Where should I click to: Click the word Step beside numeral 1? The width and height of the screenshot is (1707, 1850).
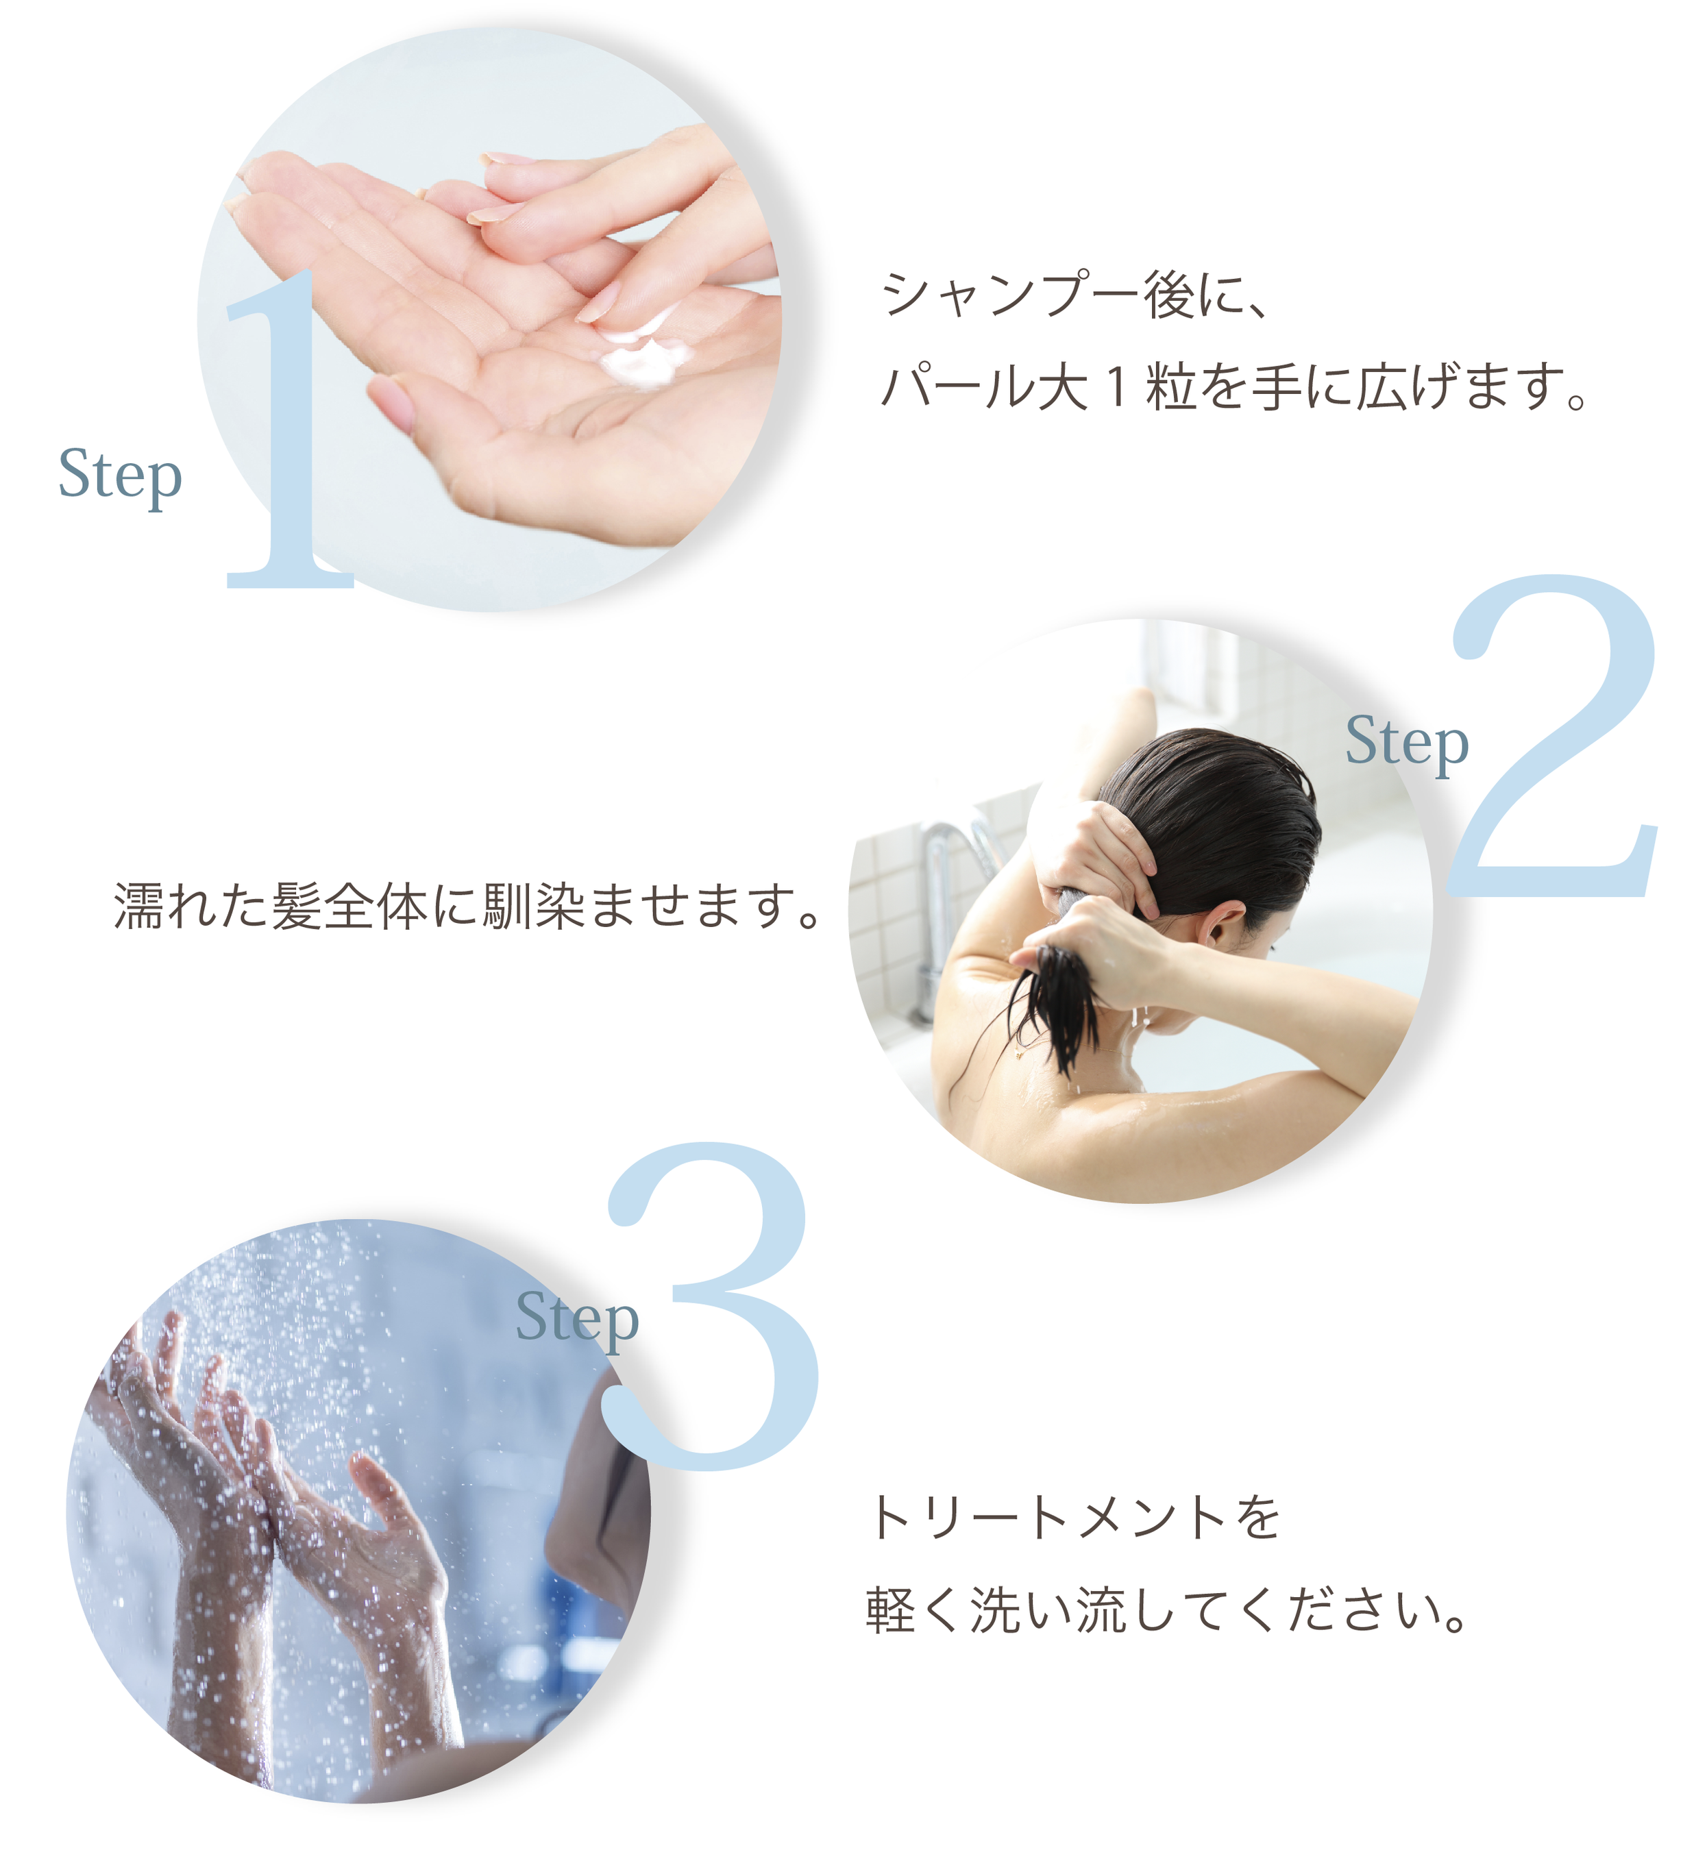[x=120, y=477]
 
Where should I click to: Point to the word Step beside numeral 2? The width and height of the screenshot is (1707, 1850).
[x=1407, y=743]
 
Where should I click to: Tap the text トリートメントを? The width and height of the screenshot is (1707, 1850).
[x=1074, y=1518]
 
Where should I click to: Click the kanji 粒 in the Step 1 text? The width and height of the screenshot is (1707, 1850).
[x=1171, y=386]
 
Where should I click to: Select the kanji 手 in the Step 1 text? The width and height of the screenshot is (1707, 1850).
[x=1277, y=386]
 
